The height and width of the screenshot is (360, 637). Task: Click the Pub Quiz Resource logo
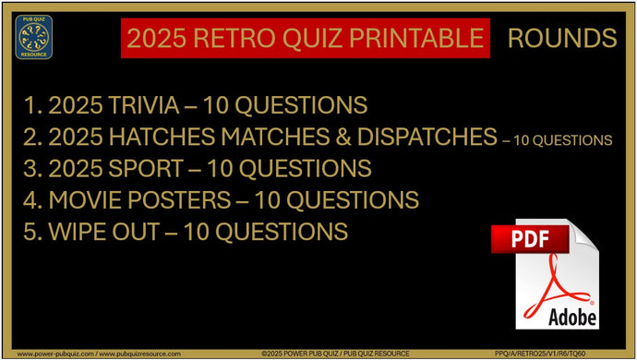pyautogui.click(x=34, y=37)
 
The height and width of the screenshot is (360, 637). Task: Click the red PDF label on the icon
pyautogui.click(x=529, y=239)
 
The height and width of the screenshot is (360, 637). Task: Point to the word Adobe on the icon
pyautogui.click(x=571, y=316)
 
